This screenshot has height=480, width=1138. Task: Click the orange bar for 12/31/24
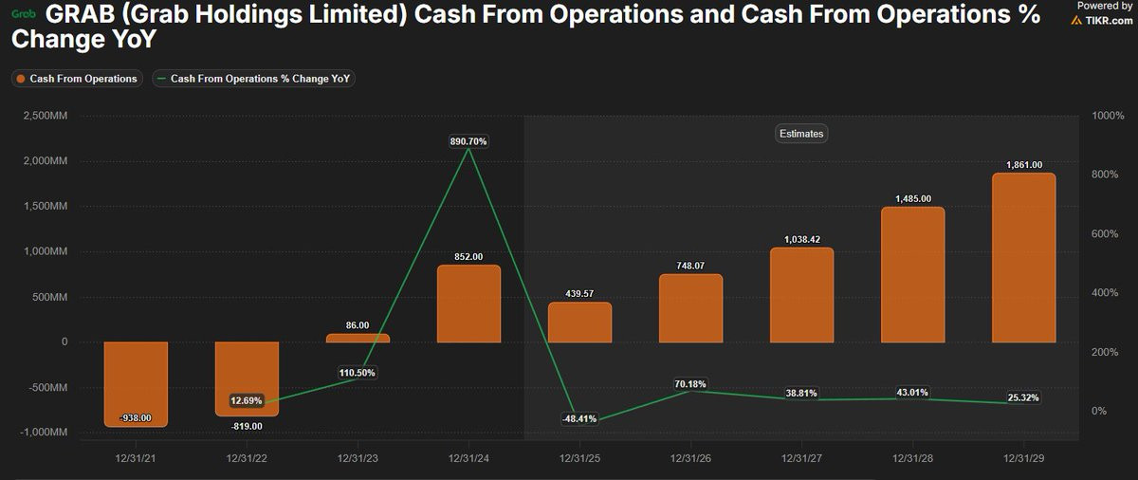468,304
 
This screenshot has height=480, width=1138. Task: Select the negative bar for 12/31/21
136,383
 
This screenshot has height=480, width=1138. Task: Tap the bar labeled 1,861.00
1023,258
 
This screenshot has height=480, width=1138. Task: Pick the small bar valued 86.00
358,338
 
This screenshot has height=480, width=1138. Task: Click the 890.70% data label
468,141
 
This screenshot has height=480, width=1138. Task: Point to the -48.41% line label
579,418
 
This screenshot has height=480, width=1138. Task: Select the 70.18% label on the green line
690,384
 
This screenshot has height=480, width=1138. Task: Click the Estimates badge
801,134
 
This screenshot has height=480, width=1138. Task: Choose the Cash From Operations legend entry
77,79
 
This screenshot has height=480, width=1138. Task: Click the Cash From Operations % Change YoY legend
253,79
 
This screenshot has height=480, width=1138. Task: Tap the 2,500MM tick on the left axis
45,116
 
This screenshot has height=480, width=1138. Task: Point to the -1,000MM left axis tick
43,432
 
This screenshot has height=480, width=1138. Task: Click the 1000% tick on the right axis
1108,116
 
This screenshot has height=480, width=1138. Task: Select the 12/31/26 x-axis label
690,456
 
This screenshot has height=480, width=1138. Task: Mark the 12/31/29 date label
1023,456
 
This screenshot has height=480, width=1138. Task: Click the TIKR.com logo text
1110,20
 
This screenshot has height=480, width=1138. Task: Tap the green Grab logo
23,14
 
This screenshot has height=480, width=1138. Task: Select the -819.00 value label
247,426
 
